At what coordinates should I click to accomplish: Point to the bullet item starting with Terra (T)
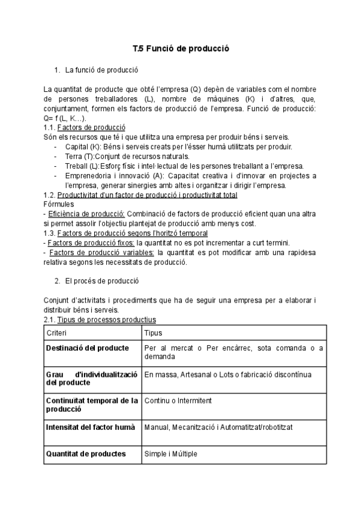pyautogui.click(x=120, y=156)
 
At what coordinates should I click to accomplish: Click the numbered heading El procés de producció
pyautogui.click(x=104, y=280)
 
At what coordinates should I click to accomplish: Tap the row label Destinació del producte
pyautogui.click(x=87, y=348)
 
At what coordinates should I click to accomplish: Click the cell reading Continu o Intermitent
pyautogui.click(x=178, y=400)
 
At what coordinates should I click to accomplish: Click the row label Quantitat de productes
pyautogui.click(x=86, y=454)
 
